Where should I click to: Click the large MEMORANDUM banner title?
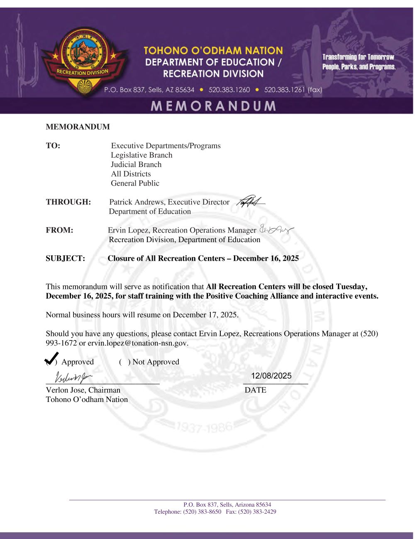[213, 106]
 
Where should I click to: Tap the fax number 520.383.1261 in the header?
[293, 90]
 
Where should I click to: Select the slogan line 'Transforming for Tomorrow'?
[358, 57]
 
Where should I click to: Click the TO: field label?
[53, 146]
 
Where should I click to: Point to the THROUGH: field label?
[68, 202]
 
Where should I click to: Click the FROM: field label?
[59, 230]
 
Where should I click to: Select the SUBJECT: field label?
[65, 258]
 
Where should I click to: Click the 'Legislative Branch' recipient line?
[142, 155]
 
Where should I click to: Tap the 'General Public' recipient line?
[135, 183]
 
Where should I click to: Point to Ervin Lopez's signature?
[276, 229]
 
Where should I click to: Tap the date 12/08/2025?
[271, 376]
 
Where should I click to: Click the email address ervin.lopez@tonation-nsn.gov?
[138, 343]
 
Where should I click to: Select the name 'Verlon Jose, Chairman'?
[83, 390]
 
